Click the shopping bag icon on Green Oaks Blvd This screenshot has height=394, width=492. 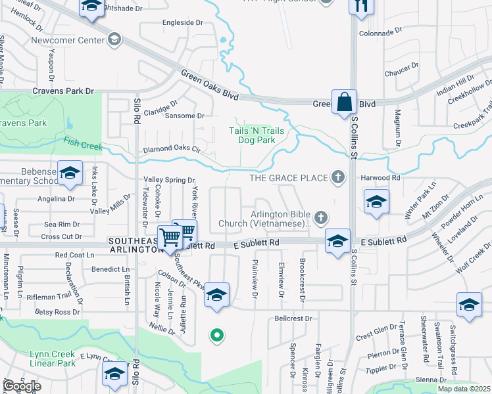343,102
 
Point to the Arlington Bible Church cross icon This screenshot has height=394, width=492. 321,217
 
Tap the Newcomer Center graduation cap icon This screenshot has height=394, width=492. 115,40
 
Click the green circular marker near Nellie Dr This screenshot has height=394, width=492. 216,336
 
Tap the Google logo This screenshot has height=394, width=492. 22,386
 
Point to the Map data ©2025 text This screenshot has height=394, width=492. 464,389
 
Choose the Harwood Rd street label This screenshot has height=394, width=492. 380,177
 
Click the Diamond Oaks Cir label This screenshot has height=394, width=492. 172,150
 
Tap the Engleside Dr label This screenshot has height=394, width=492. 183,22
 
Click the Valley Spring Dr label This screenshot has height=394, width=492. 170,180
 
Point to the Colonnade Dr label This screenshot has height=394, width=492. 380,32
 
